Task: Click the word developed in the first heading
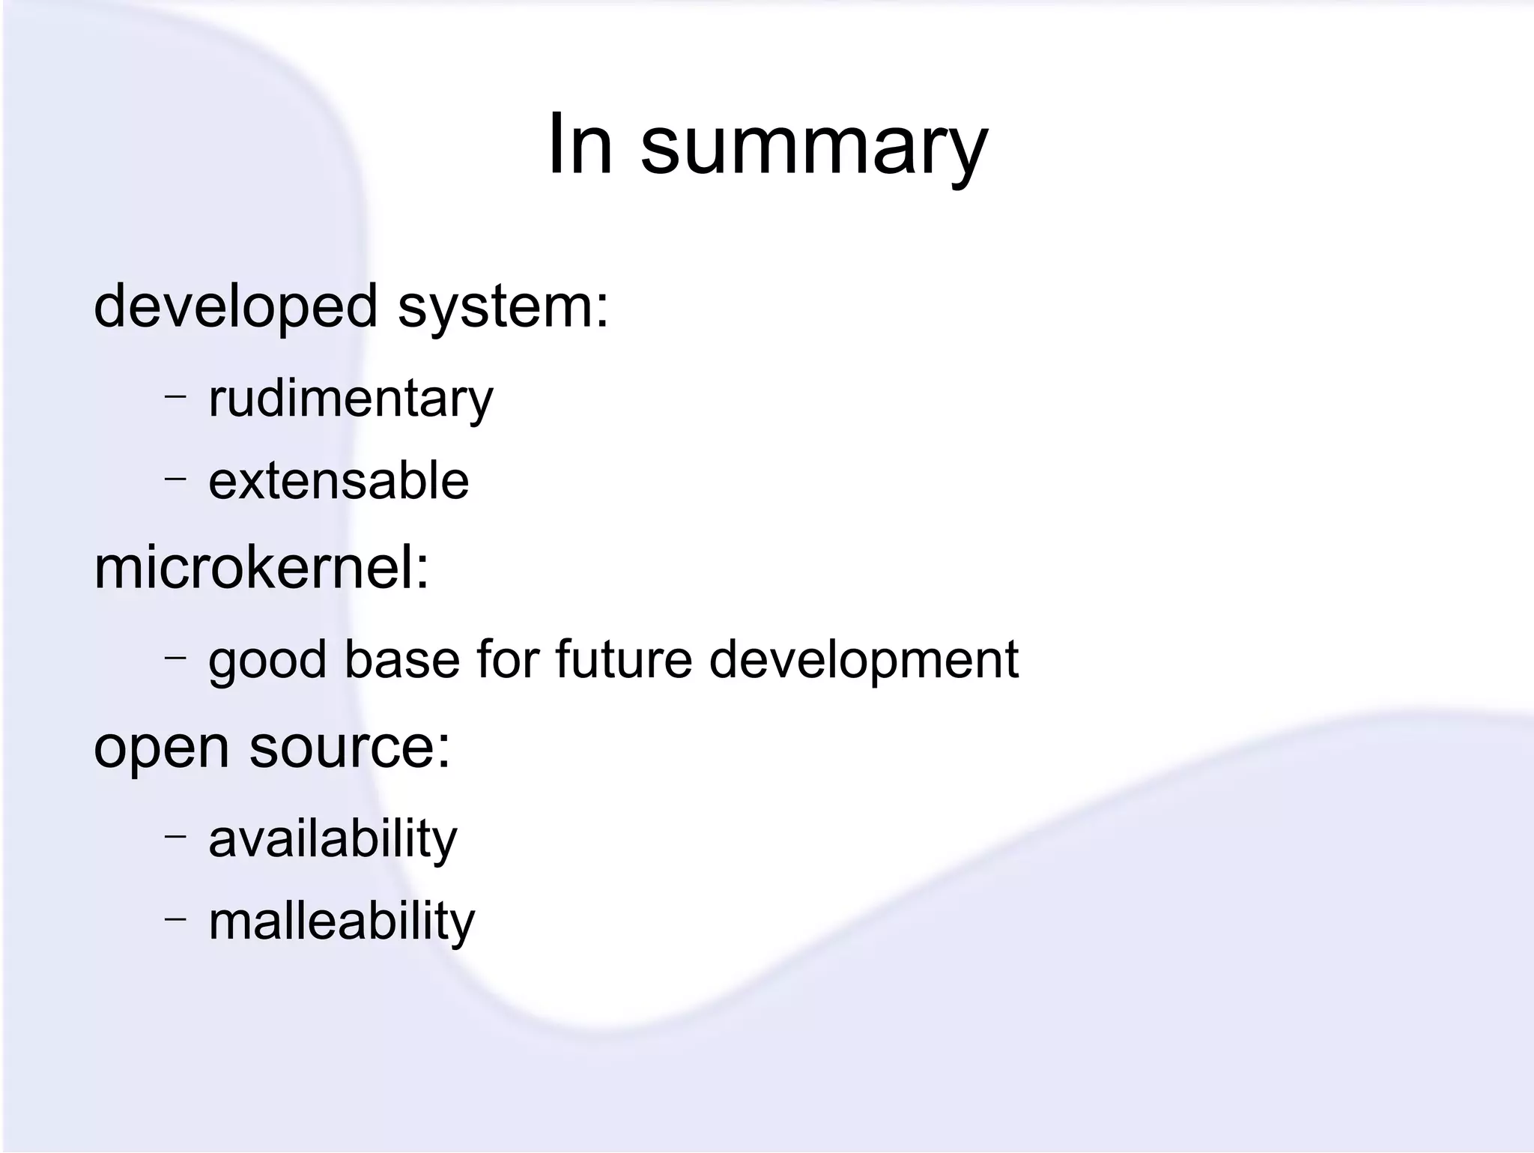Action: [235, 307]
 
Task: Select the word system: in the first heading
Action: [503, 307]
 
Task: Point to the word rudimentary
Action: [351, 399]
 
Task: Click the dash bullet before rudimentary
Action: [175, 394]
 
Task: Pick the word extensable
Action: [339, 481]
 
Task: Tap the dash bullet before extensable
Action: [175, 476]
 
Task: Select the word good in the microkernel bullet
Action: [267, 661]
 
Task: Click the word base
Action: [401, 659]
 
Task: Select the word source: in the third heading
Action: [350, 748]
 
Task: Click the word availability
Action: [333, 839]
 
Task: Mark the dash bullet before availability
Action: [175, 835]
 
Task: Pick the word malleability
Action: [342, 922]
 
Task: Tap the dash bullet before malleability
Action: [175, 917]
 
